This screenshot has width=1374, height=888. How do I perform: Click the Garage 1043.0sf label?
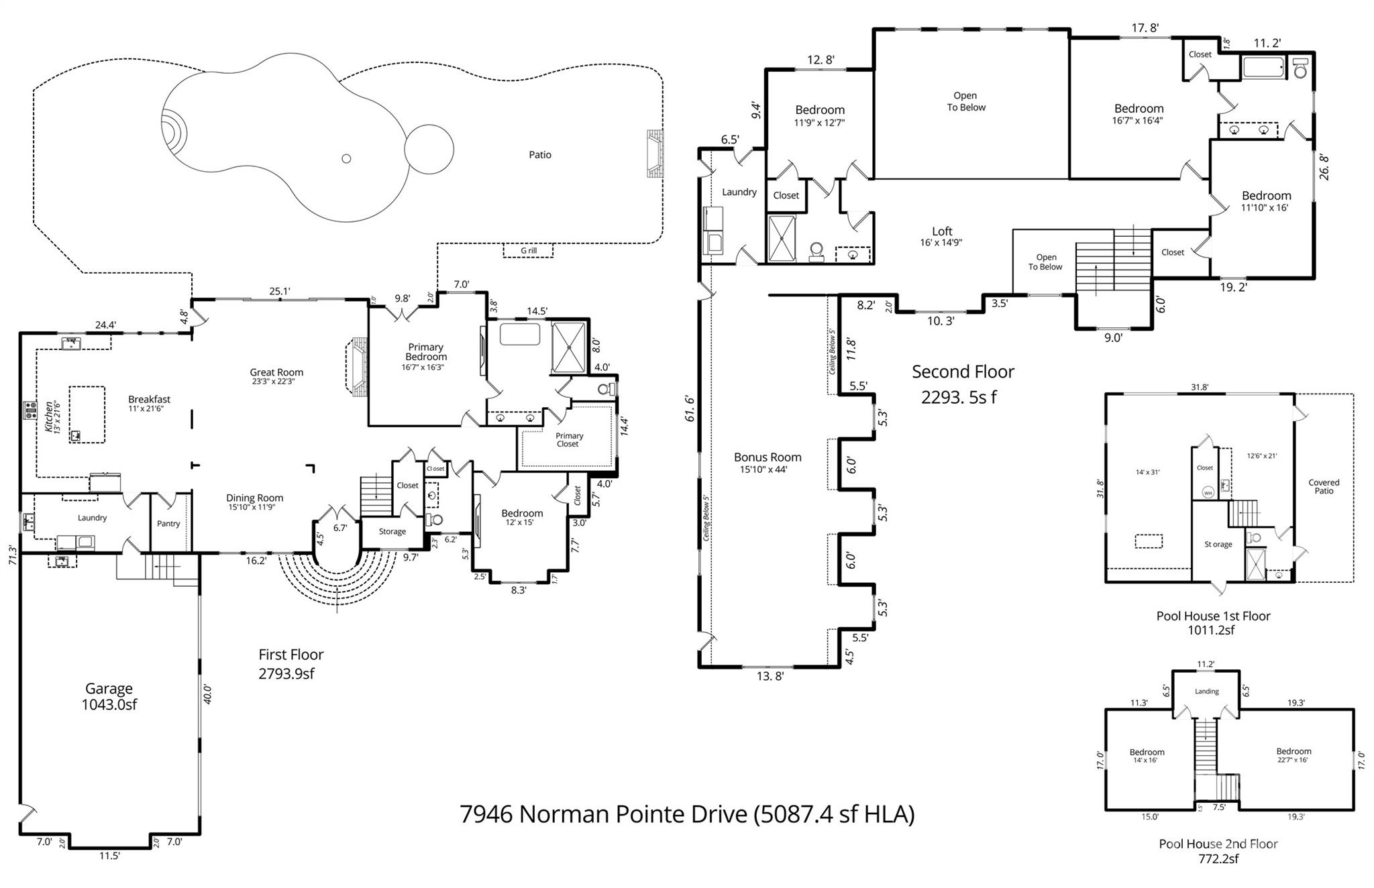coord(109,696)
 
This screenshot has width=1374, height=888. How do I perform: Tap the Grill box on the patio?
coord(529,251)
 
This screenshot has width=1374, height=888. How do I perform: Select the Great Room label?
coord(276,372)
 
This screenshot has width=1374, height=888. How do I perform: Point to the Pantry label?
coord(168,524)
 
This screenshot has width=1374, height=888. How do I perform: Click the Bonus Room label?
coord(768,457)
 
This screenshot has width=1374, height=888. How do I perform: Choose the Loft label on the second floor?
coord(942,231)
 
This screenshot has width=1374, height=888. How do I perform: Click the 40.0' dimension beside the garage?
coord(207,693)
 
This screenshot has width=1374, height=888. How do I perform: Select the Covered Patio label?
coord(1324,486)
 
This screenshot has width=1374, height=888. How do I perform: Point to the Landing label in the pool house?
coord(1206,691)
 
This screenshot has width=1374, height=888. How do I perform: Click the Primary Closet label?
coord(569,439)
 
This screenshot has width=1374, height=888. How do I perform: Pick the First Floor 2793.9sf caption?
coord(290,664)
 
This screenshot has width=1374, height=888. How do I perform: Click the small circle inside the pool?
coord(346,158)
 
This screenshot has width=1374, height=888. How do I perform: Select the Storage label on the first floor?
coord(392,532)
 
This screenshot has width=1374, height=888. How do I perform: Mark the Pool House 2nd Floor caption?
coord(1218,844)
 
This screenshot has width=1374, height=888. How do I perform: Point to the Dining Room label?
coord(254,498)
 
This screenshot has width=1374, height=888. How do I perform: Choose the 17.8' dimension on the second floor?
coord(1145,28)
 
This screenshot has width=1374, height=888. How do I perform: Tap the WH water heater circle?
coord(1208,493)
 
